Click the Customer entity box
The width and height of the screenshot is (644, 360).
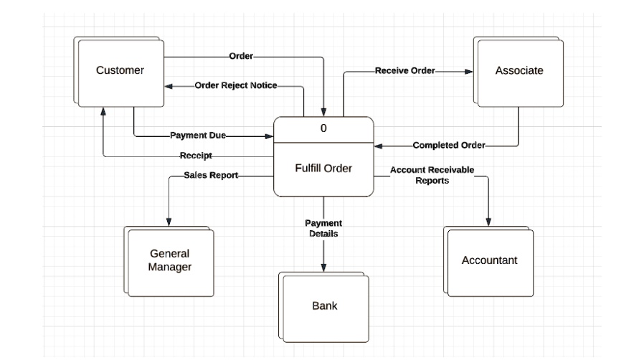click(120, 70)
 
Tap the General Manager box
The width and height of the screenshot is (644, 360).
click(170, 260)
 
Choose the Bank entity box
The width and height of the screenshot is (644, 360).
click(324, 306)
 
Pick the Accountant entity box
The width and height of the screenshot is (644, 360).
click(489, 260)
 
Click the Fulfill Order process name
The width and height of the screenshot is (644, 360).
click(323, 169)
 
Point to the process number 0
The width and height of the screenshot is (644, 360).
click(323, 128)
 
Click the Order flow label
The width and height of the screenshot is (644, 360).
click(240, 56)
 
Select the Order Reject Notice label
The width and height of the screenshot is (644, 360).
click(235, 85)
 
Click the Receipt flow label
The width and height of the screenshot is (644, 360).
click(195, 156)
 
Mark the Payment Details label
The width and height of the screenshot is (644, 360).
click(323, 228)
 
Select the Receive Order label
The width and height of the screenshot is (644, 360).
click(404, 71)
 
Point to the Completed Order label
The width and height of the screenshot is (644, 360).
click(449, 146)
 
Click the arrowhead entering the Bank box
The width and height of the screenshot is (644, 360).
click(324, 268)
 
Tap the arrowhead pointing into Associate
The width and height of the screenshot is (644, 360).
click(469, 72)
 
